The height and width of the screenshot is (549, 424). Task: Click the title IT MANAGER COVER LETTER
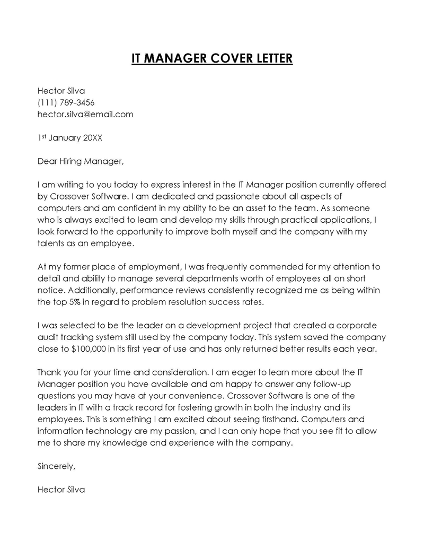tap(212, 58)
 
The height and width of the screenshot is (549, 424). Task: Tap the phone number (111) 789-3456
tap(66, 102)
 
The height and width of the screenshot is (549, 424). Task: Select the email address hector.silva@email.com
tap(85, 114)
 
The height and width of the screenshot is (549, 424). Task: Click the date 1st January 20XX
tap(70, 138)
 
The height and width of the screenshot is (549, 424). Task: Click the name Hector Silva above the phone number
tap(61, 91)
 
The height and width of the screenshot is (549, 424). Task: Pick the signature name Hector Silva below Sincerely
tap(61, 490)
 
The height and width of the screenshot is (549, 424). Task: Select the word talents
tap(51, 243)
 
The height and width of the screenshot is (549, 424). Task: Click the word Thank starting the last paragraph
tap(49, 372)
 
